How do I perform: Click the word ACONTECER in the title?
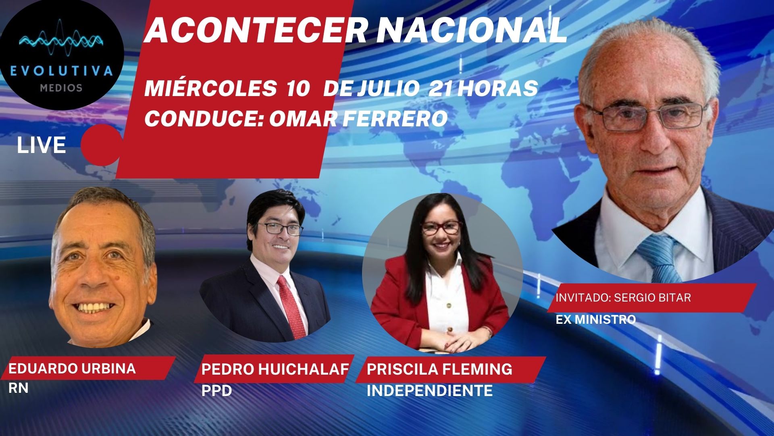[x=255, y=31]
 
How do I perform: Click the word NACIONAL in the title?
[x=471, y=31]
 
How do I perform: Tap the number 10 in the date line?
[x=297, y=89]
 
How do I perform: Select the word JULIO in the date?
[x=385, y=89]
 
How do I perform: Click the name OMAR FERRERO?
[x=358, y=119]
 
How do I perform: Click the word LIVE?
[x=41, y=145]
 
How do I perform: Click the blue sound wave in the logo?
[x=61, y=40]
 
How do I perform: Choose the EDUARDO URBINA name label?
[x=72, y=369]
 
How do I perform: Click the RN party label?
[x=18, y=388]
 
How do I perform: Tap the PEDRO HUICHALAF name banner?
[x=275, y=369]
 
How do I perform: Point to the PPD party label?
[x=216, y=390]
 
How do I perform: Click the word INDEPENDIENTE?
[x=430, y=390]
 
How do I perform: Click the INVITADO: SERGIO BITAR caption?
[x=623, y=298]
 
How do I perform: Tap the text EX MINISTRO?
[x=596, y=319]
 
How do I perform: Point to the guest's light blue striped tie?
[x=659, y=258]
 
